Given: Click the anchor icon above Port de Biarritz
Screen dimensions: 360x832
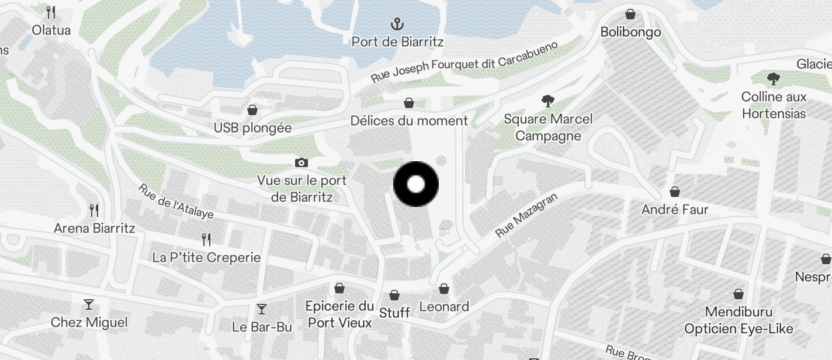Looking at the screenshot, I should click(397, 25).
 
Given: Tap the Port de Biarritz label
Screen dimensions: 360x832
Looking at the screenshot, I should click(397, 41).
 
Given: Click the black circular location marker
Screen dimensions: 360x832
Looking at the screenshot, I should click(416, 184).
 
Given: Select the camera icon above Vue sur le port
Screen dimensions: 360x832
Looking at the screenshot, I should click(301, 162).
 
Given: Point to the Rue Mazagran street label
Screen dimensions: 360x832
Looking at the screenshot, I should click(526, 216).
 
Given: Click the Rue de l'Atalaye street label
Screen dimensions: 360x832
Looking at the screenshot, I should click(175, 201).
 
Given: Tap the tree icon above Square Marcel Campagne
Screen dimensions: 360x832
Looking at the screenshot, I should click(547, 101).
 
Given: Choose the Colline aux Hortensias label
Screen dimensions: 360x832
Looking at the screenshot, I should click(774, 105).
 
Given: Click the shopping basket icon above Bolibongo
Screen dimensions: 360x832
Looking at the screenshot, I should click(630, 14).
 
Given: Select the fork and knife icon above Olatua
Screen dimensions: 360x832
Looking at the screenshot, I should click(51, 12).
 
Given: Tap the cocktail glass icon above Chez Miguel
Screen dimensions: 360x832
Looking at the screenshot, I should click(89, 304).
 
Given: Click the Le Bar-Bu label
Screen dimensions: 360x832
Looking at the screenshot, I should click(262, 327).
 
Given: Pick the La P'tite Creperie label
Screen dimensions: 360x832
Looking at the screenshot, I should click(206, 257).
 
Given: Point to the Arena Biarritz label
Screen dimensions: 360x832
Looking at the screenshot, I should click(95, 228).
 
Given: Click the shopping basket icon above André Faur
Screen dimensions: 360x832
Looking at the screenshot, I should click(675, 192).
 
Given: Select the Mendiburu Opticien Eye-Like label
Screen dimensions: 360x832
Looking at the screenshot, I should click(739, 321).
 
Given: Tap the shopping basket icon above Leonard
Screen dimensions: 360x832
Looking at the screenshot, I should click(444, 289).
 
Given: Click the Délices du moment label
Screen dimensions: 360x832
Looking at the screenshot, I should click(409, 120).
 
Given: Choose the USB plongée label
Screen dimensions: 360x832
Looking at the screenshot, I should click(252, 127).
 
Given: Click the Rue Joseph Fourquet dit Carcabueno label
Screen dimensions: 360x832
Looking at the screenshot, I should click(464, 61).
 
